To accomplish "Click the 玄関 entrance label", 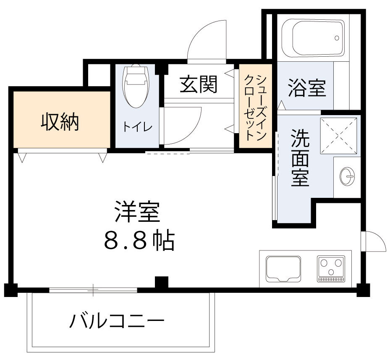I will pyautogui.click(x=199, y=84).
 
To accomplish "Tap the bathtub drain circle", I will pyautogui.click(x=337, y=38).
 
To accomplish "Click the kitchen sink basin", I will pyautogui.click(x=283, y=268).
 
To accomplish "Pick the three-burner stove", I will pyautogui.click(x=331, y=268).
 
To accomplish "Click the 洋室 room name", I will pyautogui.click(x=138, y=213).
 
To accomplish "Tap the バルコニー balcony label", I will pyautogui.click(x=116, y=323).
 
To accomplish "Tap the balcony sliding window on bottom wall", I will pyautogui.click(x=93, y=289).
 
